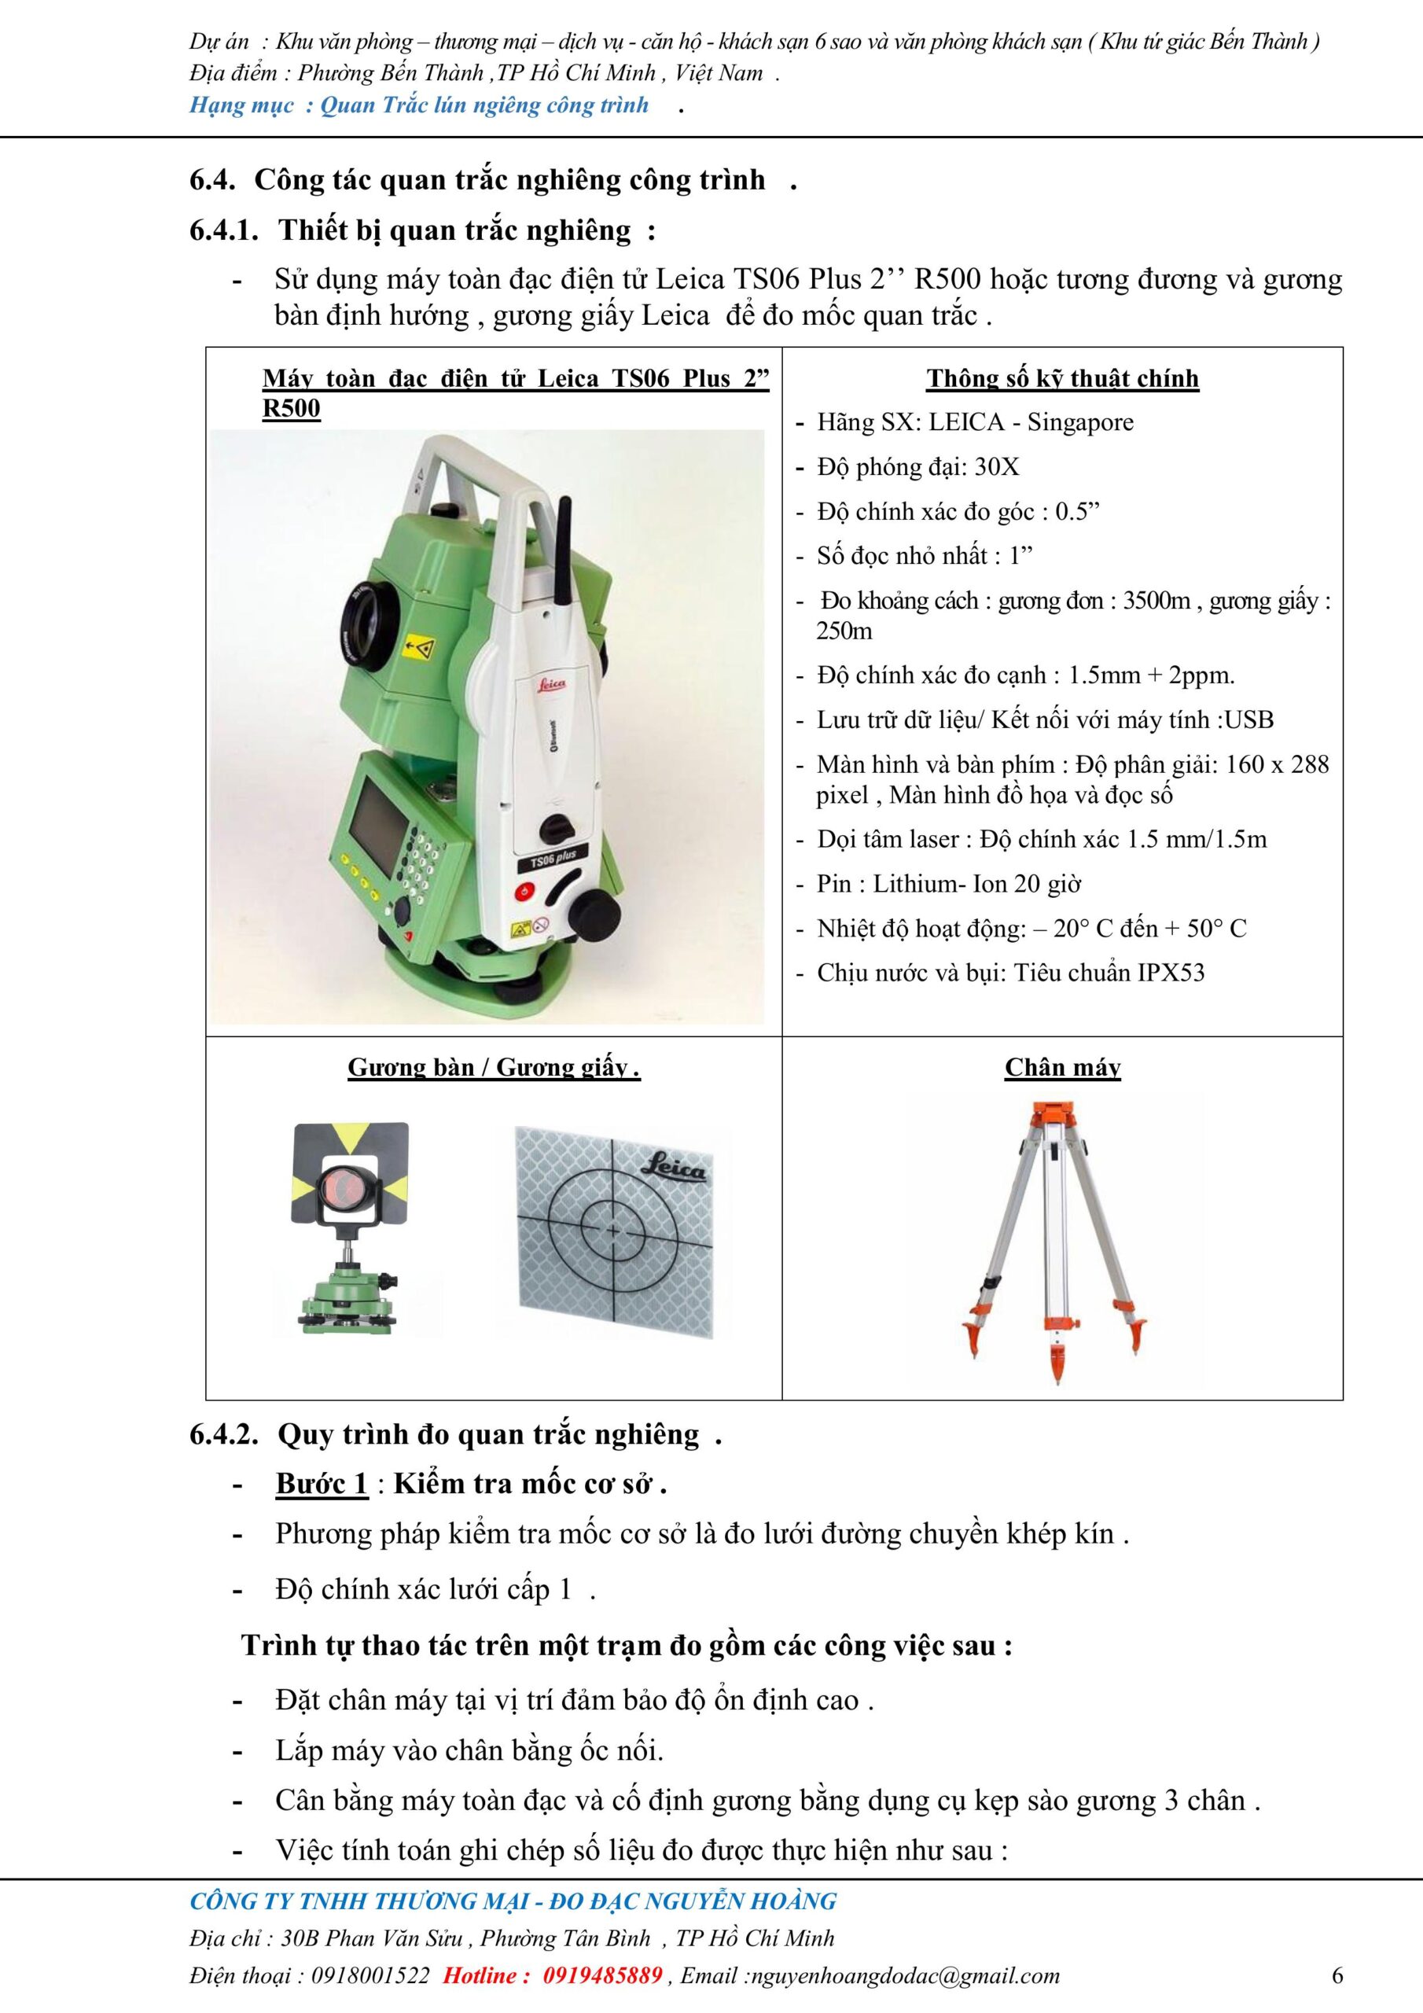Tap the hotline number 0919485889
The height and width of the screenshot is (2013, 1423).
(602, 1975)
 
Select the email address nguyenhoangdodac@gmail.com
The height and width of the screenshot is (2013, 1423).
(906, 1975)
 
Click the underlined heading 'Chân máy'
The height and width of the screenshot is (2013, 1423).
(1063, 1067)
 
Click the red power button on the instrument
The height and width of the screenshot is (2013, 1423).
(524, 891)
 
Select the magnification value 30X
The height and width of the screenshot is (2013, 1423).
(997, 466)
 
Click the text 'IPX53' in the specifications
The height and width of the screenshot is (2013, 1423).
(1171, 973)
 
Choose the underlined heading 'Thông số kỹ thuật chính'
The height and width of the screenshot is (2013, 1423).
(1063, 378)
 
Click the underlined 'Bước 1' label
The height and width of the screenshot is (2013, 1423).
(321, 1484)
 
